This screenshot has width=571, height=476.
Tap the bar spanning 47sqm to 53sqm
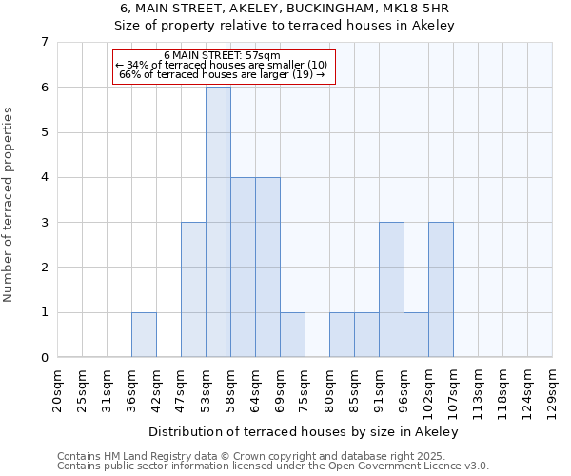pyautogui.click(x=193, y=289)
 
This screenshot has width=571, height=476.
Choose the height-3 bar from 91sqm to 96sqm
pyautogui.click(x=391, y=289)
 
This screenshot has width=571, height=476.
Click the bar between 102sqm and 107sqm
pyautogui.click(x=441, y=289)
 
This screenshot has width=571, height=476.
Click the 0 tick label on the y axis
pyautogui.click(x=44, y=358)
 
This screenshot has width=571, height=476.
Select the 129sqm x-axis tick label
pyautogui.click(x=552, y=390)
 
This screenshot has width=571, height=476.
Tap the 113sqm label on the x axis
pyautogui.click(x=478, y=390)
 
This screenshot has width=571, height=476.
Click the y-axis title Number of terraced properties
pyautogui.click(x=10, y=204)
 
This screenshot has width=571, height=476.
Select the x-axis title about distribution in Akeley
pyautogui.click(x=304, y=432)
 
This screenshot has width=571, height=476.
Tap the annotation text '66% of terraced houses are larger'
pyautogui.click(x=223, y=74)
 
